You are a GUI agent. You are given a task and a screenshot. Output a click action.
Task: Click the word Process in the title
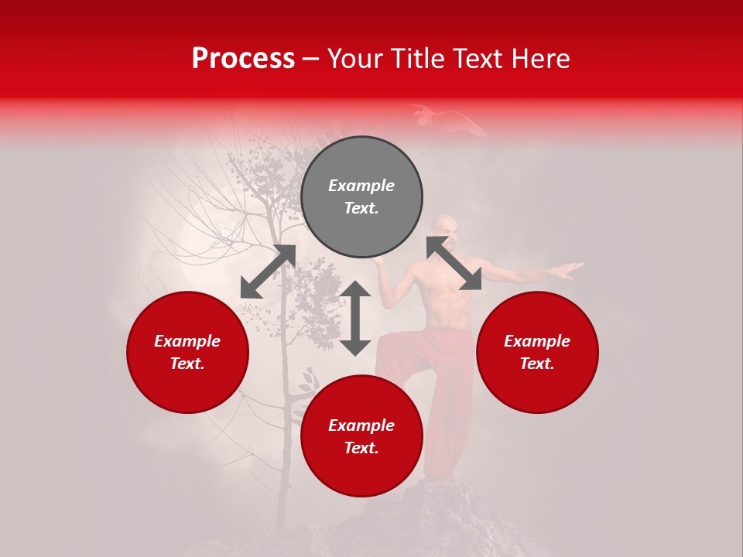(243, 59)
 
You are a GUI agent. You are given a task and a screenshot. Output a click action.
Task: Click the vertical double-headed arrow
(355, 318)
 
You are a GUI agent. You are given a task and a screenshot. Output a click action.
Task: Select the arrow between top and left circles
(268, 272)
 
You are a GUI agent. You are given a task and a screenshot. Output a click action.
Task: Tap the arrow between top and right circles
(454, 264)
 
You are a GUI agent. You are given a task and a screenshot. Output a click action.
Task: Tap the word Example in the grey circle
(361, 186)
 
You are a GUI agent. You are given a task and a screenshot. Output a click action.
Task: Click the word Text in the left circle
(187, 364)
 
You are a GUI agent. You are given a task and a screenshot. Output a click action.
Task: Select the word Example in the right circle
(537, 341)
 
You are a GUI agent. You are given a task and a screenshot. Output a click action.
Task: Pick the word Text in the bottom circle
(361, 448)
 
